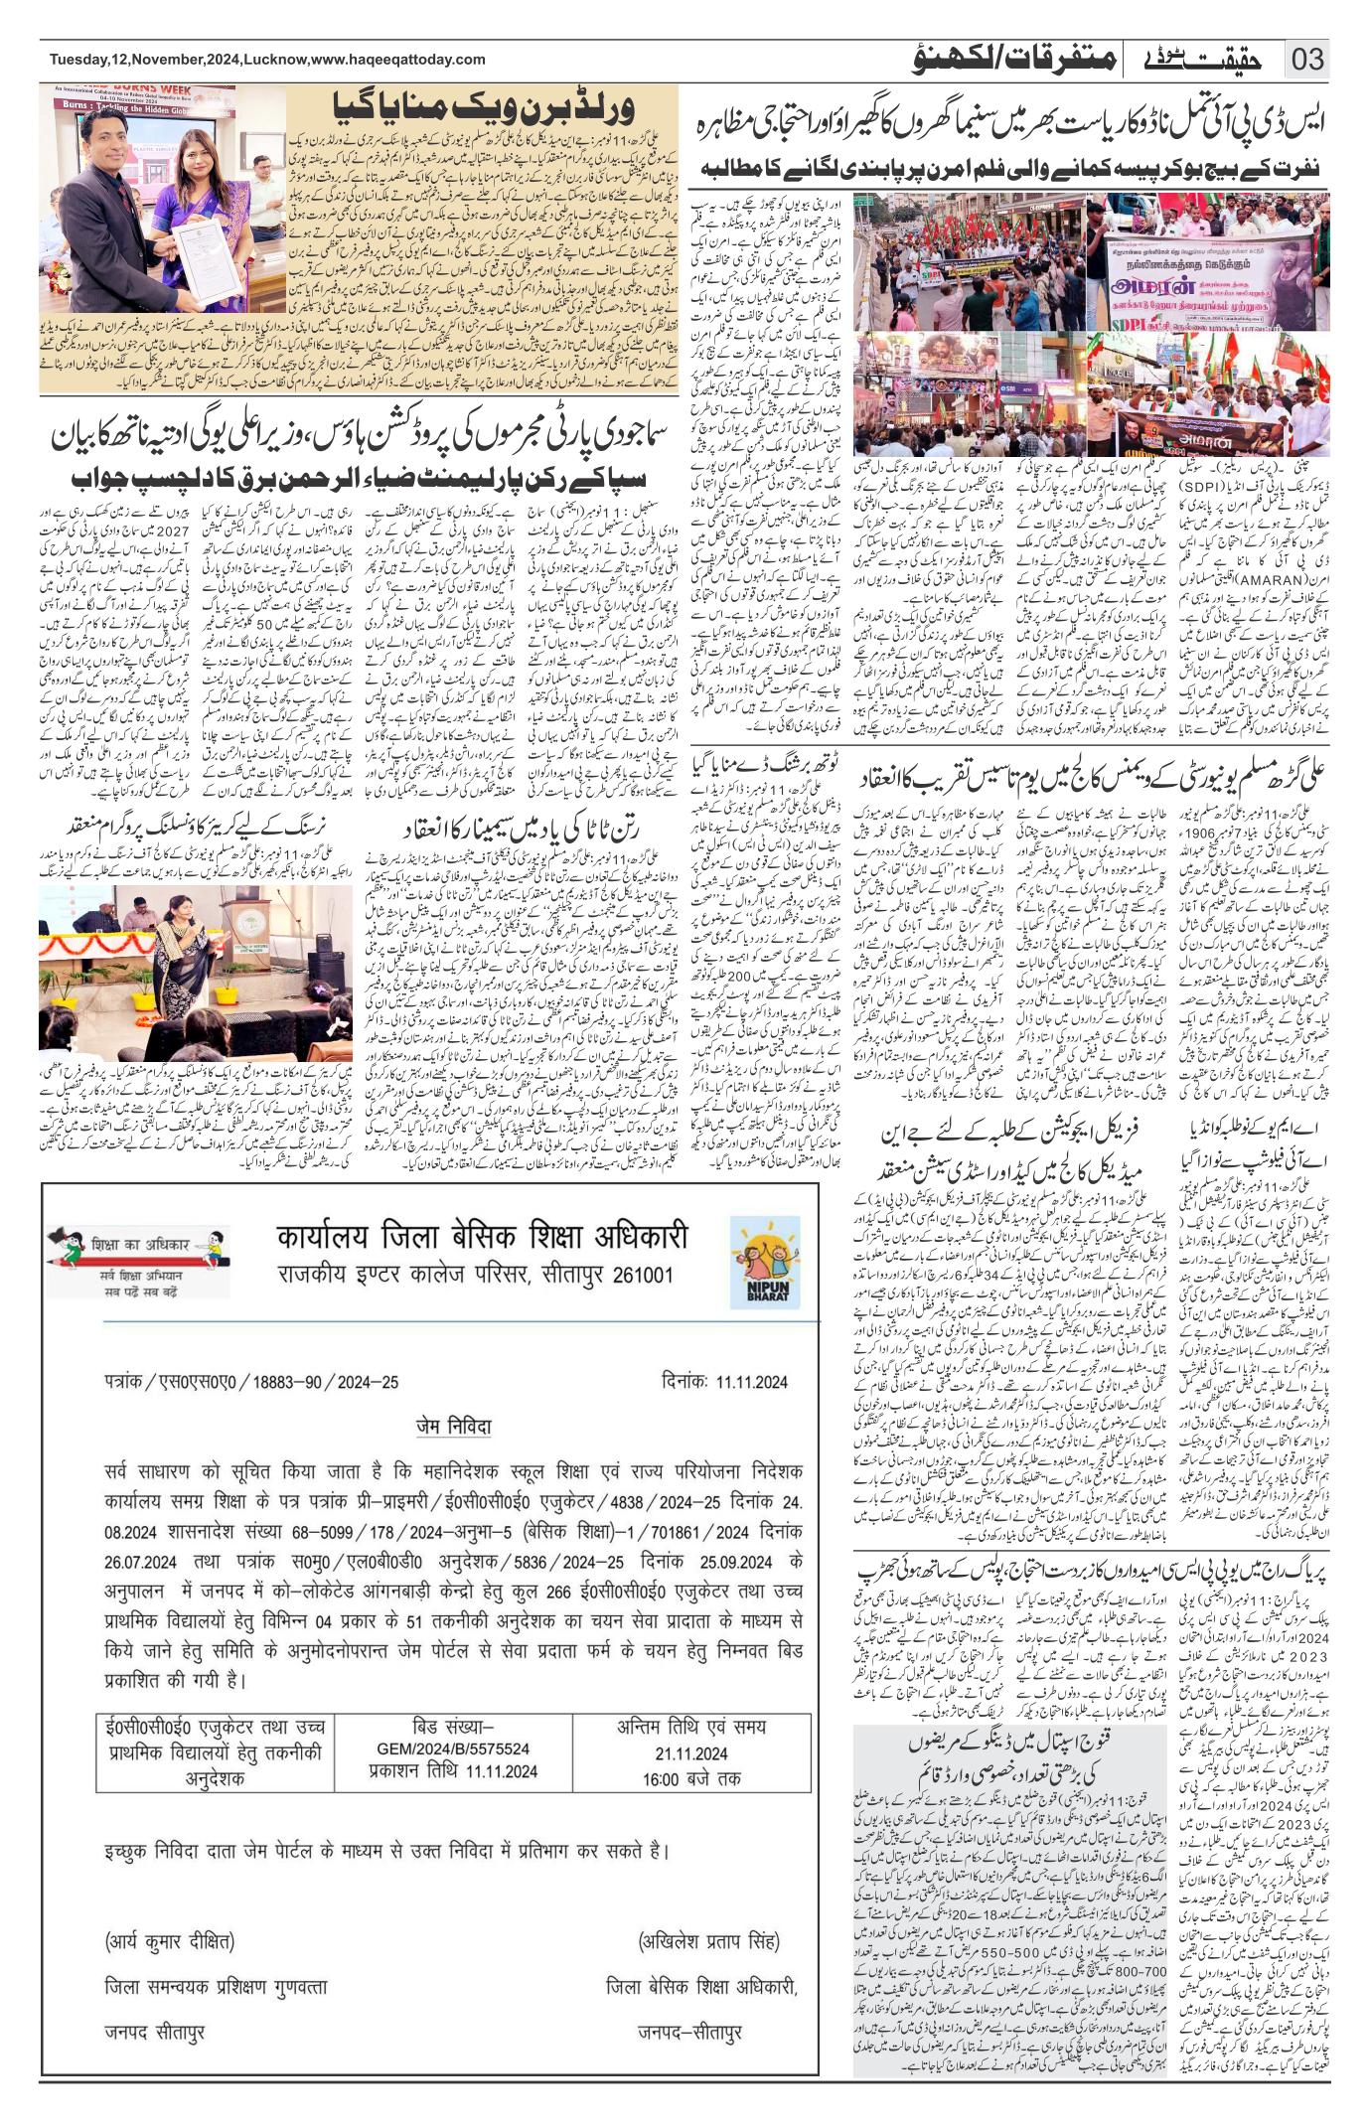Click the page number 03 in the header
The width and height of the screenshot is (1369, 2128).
pos(1308,60)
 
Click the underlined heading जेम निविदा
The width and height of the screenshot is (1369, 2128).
pos(454,1427)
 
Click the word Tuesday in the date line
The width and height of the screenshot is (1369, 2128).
pos(78,60)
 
